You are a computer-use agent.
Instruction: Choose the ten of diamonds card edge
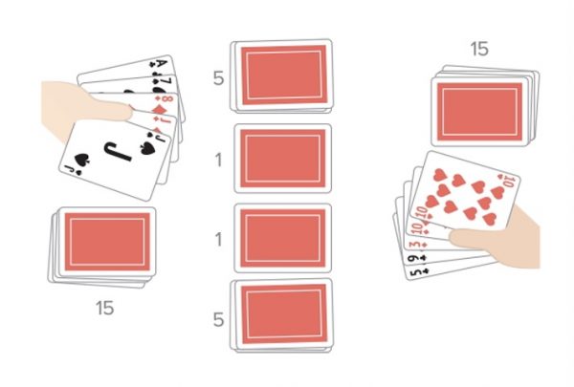pos(418,229)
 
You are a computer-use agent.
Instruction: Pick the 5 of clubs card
pos(411,271)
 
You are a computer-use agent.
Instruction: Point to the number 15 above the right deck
pos(478,48)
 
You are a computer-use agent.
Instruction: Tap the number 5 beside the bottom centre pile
pos(219,319)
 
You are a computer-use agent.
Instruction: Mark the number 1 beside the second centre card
pos(219,159)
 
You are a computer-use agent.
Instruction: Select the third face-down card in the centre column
pos(282,237)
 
